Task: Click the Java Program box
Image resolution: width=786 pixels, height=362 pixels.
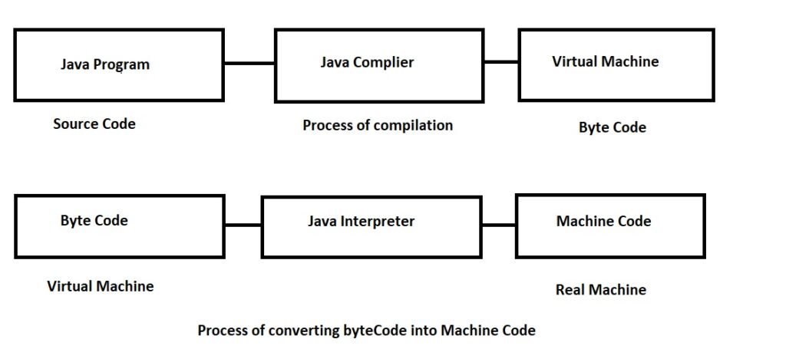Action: click(x=119, y=65)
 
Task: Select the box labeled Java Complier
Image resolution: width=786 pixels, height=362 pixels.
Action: click(x=379, y=65)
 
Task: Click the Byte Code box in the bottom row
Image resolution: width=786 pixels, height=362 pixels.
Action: click(x=119, y=225)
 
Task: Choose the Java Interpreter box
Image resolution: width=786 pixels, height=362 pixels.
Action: click(x=372, y=226)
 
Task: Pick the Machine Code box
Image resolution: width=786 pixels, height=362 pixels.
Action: click(x=609, y=225)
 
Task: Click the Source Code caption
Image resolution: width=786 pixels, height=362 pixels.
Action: click(x=94, y=123)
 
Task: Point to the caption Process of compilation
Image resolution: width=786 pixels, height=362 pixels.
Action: click(x=378, y=125)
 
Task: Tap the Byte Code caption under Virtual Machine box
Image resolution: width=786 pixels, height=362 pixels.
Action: click(x=612, y=127)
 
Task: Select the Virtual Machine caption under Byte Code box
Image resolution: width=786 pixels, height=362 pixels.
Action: click(x=101, y=286)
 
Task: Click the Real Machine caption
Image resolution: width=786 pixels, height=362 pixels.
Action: click(x=600, y=289)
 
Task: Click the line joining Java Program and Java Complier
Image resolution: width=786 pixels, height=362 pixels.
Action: click(x=249, y=63)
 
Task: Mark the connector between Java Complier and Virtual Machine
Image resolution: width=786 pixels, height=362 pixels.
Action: click(x=501, y=62)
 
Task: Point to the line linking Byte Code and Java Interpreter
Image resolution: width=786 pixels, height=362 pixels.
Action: click(x=243, y=225)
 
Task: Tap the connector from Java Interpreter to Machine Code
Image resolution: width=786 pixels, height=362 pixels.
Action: click(x=499, y=225)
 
